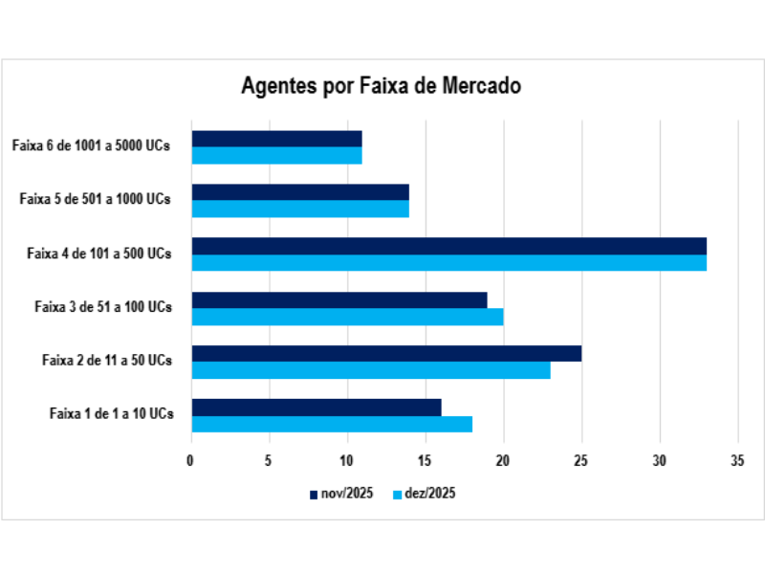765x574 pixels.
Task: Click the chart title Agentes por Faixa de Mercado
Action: point(381,86)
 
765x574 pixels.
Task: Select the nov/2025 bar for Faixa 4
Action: point(448,246)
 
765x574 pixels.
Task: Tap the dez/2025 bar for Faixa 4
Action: point(448,262)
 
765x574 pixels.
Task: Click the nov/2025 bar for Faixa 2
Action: point(386,353)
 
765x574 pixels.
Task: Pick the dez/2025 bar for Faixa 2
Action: point(371,369)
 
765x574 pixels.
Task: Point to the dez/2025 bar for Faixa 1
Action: point(332,424)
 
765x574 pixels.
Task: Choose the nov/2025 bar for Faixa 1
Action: point(317,408)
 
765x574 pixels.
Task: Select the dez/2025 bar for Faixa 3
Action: point(347,317)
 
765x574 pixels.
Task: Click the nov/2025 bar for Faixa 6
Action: point(276,139)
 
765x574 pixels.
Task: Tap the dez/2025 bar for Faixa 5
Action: point(300,209)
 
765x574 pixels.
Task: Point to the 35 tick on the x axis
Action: point(736,461)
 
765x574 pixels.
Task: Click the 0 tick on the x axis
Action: point(191,461)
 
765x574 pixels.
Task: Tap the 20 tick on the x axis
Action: point(503,461)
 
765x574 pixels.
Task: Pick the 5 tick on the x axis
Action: point(269,461)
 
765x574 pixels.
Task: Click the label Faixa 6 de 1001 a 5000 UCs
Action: point(92,146)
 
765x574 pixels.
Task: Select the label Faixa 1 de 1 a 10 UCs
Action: point(111,413)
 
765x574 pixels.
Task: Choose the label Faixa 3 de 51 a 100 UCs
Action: point(103,307)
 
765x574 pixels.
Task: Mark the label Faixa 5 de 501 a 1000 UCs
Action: point(96,200)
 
